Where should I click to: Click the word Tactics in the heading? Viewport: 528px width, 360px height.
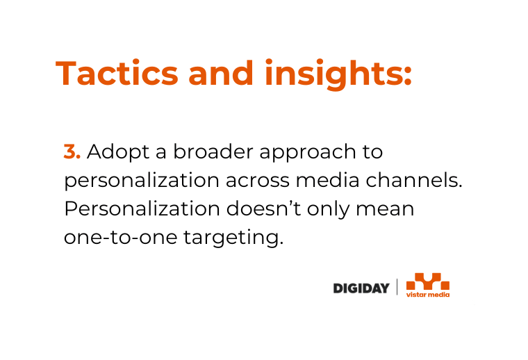(x=117, y=73)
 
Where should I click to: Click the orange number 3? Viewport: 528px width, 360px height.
(x=72, y=152)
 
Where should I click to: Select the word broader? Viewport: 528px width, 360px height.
(x=213, y=152)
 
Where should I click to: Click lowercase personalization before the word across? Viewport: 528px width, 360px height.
(x=142, y=181)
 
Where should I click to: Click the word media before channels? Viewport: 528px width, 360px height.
(x=328, y=180)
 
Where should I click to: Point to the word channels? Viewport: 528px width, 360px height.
(x=414, y=180)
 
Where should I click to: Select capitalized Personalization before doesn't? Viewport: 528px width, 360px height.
(x=142, y=208)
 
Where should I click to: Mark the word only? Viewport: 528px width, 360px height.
(x=329, y=210)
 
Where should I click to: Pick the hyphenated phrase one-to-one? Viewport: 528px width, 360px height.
(x=121, y=238)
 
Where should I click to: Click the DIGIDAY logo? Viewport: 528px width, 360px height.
(x=361, y=288)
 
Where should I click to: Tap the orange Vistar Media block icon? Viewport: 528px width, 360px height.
(x=428, y=281)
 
